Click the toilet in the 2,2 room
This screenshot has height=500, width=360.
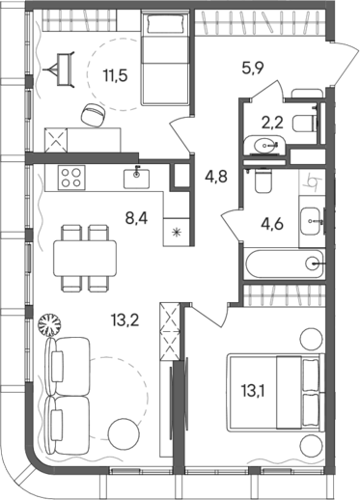(303, 117)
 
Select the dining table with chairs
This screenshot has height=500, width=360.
(86, 256)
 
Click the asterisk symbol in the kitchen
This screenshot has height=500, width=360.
(176, 233)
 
